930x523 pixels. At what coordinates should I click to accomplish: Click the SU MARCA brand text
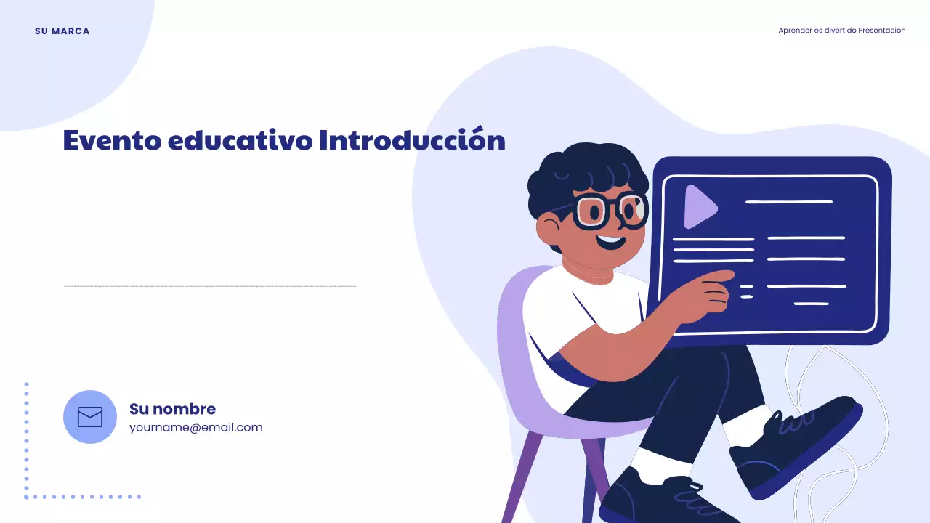coord(62,31)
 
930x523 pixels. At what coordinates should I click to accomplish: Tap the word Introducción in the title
coord(412,140)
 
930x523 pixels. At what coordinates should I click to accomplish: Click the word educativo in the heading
coord(240,140)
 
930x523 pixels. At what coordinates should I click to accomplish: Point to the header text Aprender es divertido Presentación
coord(841,31)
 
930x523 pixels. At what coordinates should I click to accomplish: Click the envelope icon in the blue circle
coord(90,417)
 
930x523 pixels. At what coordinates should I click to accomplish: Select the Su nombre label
coord(172,409)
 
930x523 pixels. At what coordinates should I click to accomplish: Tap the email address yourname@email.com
coord(195,427)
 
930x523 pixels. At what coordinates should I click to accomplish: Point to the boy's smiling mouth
coord(610,241)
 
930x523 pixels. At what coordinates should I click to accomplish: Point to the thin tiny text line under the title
coord(210,286)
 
